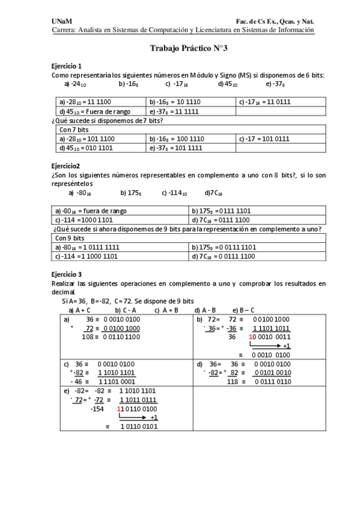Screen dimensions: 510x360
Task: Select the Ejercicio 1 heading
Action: (x=67, y=66)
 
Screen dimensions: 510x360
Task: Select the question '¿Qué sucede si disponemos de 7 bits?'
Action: (x=107, y=120)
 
